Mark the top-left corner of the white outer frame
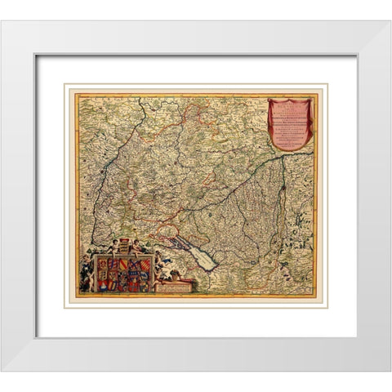click(x=2, y=21)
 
